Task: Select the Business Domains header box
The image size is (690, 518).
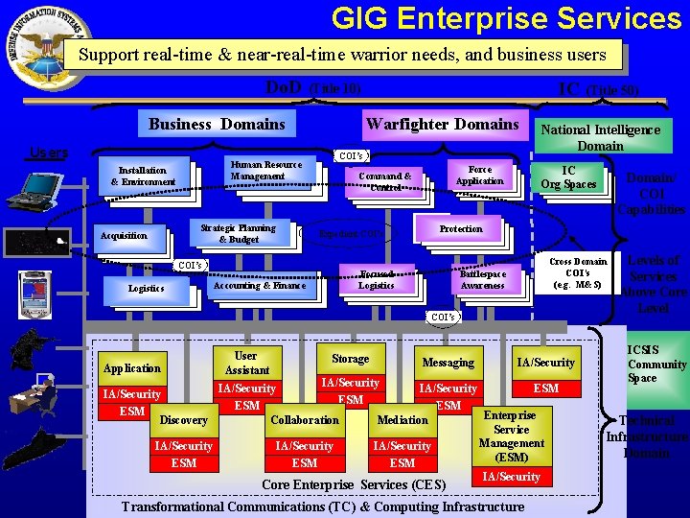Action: click(217, 124)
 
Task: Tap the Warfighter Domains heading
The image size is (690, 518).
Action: click(442, 124)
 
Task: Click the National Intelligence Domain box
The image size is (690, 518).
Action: click(600, 137)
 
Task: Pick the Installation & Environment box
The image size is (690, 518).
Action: click(143, 176)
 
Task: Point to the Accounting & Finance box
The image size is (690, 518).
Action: click(260, 285)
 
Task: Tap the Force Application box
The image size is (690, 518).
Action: click(479, 176)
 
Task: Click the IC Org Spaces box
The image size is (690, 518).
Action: click(568, 177)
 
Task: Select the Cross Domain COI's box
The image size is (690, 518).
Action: click(578, 273)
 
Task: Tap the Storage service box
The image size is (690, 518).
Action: click(350, 359)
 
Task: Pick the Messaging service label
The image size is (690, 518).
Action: click(448, 363)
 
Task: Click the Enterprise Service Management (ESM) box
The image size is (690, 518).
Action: click(512, 436)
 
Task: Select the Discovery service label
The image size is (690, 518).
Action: click(183, 420)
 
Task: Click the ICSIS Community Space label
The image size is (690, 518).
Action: click(656, 365)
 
